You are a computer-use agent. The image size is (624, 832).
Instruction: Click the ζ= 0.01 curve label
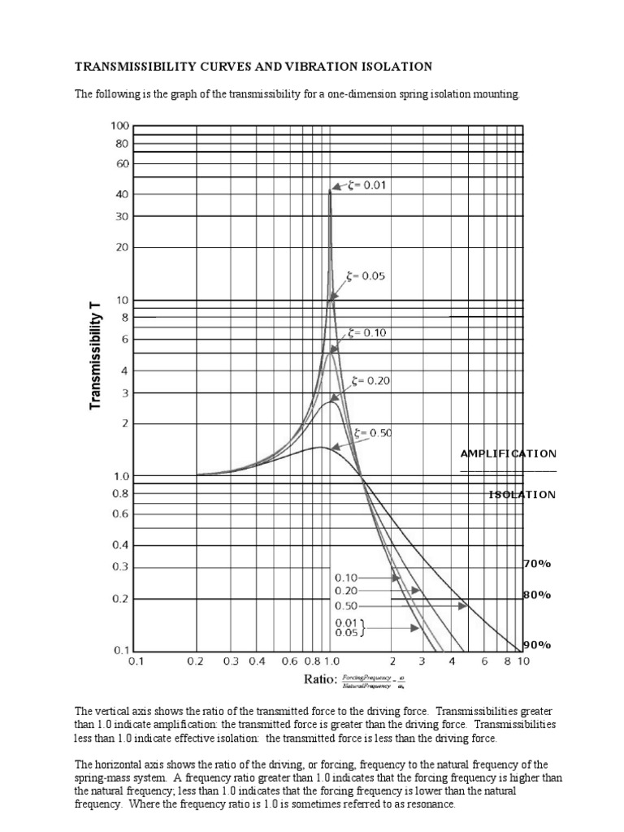367,185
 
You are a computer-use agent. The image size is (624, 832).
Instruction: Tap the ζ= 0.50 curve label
374,433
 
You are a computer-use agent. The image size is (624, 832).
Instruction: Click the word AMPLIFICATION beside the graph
509,453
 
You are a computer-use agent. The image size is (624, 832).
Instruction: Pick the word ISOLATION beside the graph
522,494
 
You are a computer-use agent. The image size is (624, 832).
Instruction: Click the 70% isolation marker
537,562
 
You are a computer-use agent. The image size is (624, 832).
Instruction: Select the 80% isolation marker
537,595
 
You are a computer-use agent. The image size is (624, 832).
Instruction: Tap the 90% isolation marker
537,645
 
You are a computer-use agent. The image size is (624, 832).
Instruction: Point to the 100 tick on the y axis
119,126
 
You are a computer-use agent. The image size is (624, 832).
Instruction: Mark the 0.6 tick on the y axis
120,513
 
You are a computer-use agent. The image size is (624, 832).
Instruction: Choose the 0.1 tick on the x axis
136,661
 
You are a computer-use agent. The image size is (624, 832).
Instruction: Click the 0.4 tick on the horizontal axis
258,661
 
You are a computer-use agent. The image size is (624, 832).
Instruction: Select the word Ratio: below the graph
318,680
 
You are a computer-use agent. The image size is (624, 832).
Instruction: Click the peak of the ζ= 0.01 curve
330,190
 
